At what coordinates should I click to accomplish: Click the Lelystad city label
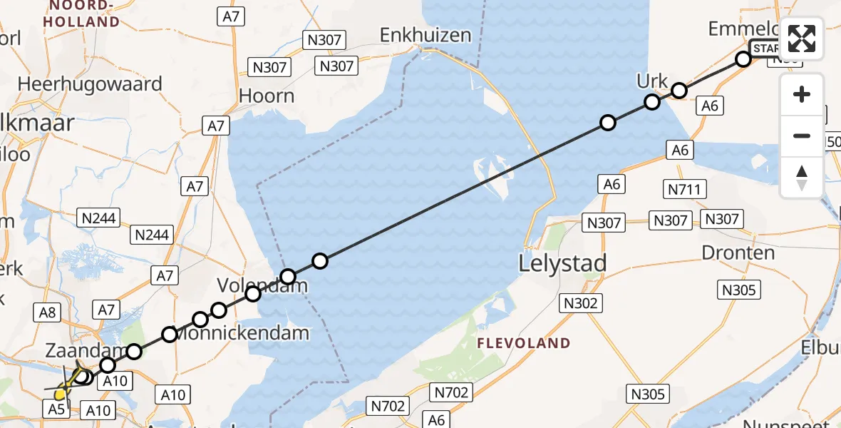563,263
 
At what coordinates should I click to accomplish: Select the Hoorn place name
267,96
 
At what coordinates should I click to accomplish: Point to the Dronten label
738,253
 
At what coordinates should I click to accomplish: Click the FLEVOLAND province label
525,343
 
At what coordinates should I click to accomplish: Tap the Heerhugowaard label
90,84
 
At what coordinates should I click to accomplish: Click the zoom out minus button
802,136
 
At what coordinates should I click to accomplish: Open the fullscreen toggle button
802,38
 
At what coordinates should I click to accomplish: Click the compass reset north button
802,176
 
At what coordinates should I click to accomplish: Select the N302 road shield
580,302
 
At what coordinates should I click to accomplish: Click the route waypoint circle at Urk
652,102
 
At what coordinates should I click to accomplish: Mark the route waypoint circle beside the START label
743,59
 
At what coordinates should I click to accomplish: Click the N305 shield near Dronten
740,290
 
